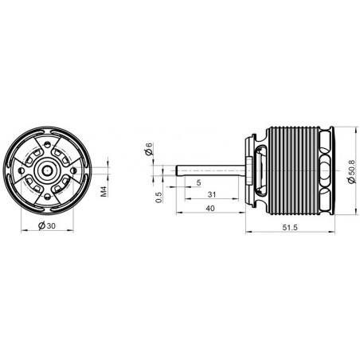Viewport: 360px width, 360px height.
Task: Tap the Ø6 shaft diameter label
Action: (x=149, y=149)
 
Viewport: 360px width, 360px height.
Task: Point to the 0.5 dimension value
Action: (x=158, y=196)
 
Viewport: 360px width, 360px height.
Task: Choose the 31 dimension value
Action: (x=210, y=195)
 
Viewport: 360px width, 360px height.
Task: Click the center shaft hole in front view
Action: (x=49, y=168)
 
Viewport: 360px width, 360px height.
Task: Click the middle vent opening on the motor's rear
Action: (x=327, y=168)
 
